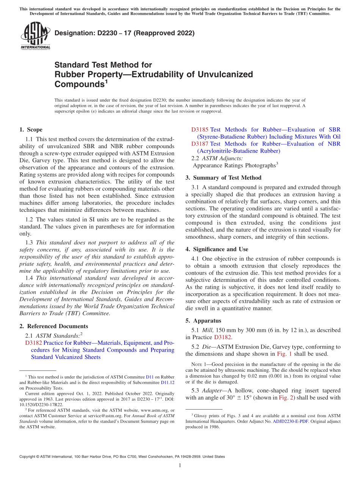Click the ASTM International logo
tap(35, 36)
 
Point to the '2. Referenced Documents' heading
tap(53, 326)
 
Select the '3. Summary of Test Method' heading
tap(223, 178)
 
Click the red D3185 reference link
tap(200, 130)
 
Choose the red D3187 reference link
tap(200, 144)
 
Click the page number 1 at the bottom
tap(180, 466)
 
